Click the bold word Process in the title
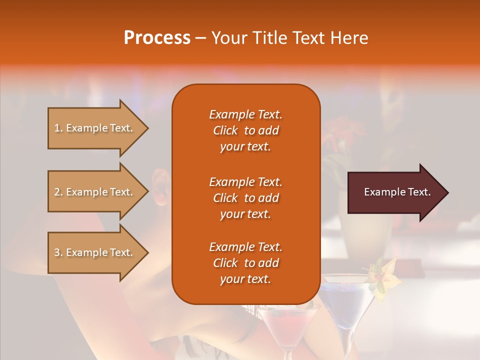(157, 38)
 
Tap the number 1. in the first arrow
(58, 128)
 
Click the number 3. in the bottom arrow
(58, 252)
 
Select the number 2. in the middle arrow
(58, 192)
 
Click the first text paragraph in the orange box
(245, 130)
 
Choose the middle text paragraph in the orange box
(245, 198)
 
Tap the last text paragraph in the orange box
(245, 263)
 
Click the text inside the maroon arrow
(397, 192)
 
